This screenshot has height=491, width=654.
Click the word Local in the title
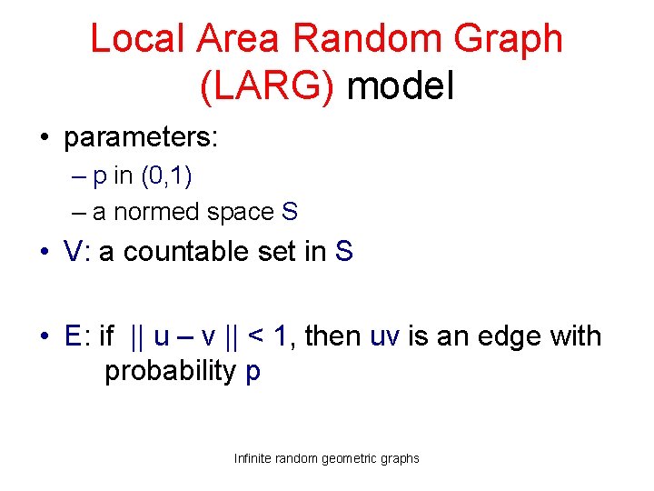[x=134, y=39]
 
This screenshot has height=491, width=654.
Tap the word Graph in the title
[x=511, y=39]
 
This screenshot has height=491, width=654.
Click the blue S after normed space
[x=289, y=212]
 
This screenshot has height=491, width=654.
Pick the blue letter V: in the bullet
[x=76, y=251]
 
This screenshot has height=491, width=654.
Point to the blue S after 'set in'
[x=343, y=251]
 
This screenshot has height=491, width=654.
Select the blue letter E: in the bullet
[x=75, y=336]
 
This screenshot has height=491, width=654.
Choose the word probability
[x=170, y=372]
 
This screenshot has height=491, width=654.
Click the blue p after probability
[x=253, y=374]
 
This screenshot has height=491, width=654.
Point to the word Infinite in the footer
[x=257, y=458]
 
